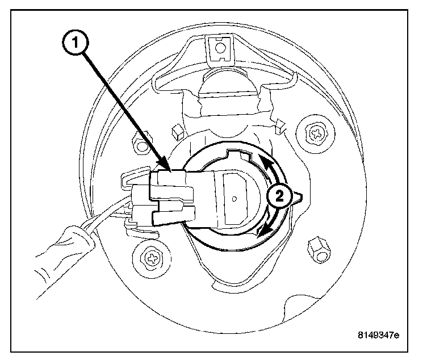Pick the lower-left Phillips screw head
tap(152, 258)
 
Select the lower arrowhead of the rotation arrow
tap(261, 233)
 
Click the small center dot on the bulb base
tap(235, 199)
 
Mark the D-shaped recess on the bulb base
tap(235, 196)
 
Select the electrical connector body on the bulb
tap(170, 196)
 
